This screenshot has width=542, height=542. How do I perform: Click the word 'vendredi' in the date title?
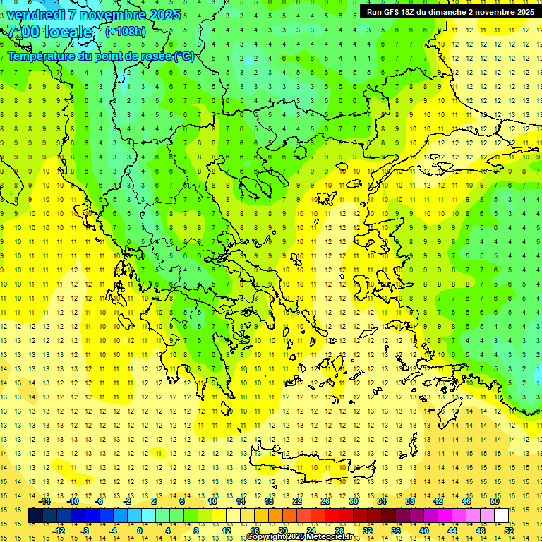(x=36, y=15)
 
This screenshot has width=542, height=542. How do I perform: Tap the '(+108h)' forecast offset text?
(x=126, y=31)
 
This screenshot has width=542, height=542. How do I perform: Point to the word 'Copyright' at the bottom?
(x=267, y=537)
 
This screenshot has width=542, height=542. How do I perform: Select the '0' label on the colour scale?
(x=140, y=531)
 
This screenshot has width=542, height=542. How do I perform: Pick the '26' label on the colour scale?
(x=325, y=501)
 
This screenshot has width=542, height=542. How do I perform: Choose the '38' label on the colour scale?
(x=409, y=501)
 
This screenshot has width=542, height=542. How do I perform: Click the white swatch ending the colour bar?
(x=501, y=516)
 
